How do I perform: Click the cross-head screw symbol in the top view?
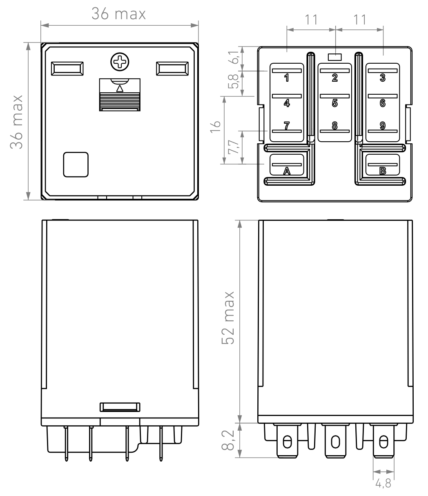tap(120, 62)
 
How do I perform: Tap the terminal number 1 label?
tap(286, 78)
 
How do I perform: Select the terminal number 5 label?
tap(334, 103)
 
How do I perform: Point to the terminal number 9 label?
tap(383, 125)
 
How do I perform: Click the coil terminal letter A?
tap(287, 171)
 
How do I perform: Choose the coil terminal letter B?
tap(383, 171)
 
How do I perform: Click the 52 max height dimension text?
tap(228, 318)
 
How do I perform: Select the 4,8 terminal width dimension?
tap(383, 483)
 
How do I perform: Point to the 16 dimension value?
tap(215, 127)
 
